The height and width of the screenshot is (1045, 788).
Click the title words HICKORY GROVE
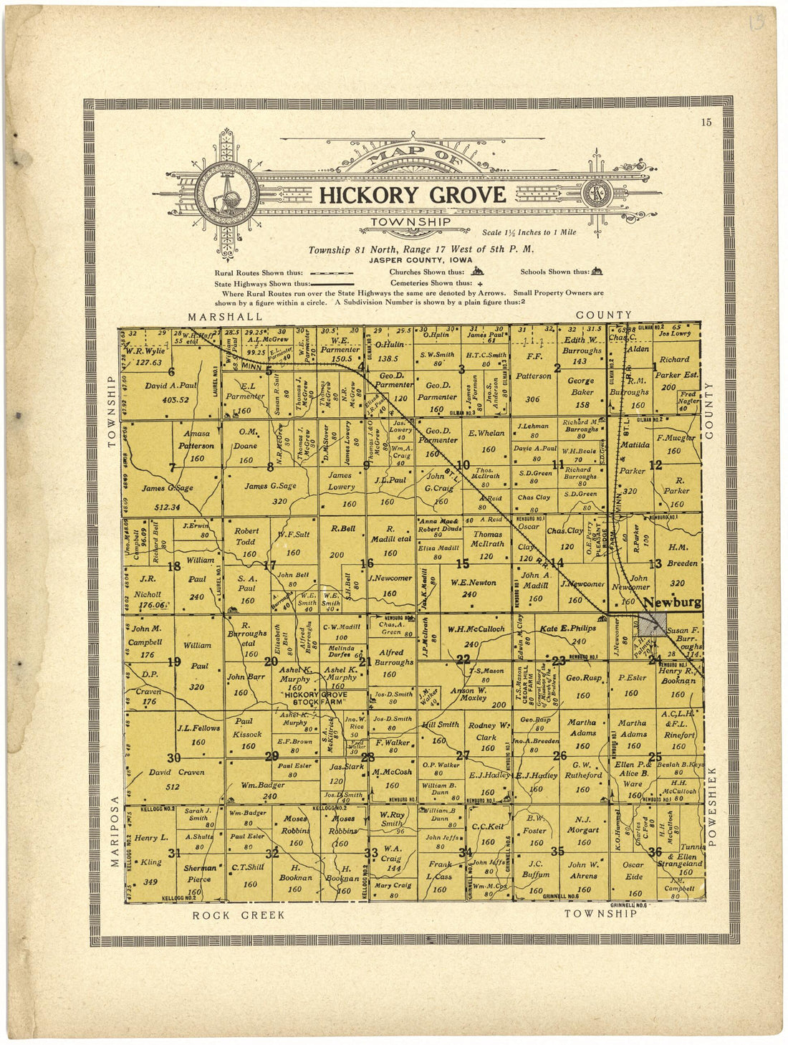point(412,195)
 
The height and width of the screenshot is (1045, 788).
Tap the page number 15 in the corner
point(706,123)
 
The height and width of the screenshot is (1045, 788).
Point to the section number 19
point(173,662)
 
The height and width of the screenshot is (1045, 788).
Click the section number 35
point(559,851)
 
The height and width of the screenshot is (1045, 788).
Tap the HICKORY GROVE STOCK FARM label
point(314,699)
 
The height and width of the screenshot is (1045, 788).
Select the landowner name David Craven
point(176,779)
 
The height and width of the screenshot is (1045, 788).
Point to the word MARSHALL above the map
point(225,316)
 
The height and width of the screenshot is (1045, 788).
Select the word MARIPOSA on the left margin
point(114,831)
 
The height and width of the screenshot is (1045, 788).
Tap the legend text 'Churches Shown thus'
point(426,272)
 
